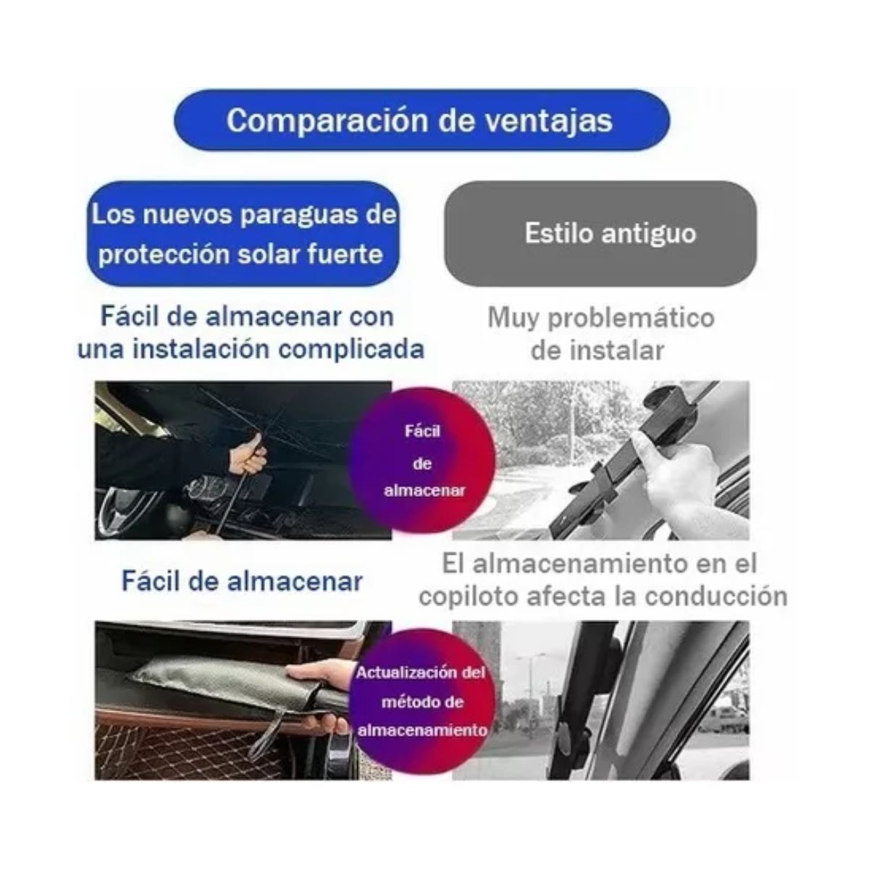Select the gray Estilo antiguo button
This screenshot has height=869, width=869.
click(600, 233)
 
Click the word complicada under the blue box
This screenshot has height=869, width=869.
click(351, 349)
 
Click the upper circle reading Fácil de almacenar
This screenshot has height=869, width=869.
click(422, 461)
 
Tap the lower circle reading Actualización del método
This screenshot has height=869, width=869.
click(421, 701)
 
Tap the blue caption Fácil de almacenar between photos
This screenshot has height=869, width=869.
click(242, 581)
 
